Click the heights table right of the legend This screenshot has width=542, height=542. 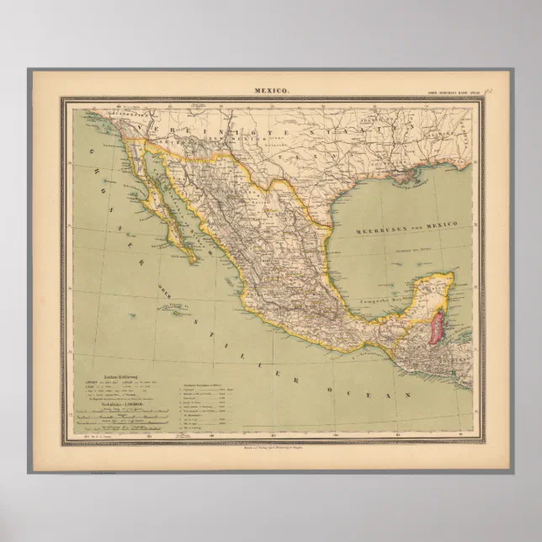[x=207, y=403]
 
